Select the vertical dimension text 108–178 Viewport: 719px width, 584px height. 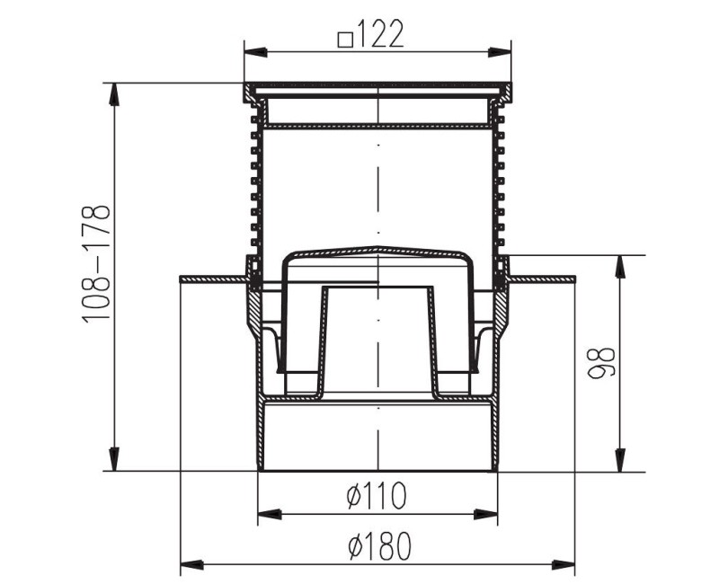(96, 263)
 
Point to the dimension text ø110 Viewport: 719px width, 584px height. (377, 494)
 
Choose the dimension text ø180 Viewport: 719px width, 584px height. (377, 545)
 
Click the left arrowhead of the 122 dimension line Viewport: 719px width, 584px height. (251, 52)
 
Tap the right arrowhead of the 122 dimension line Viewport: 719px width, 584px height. (505, 52)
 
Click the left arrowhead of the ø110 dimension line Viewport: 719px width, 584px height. (265, 515)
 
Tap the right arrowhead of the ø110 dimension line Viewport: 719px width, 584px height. (490, 515)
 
